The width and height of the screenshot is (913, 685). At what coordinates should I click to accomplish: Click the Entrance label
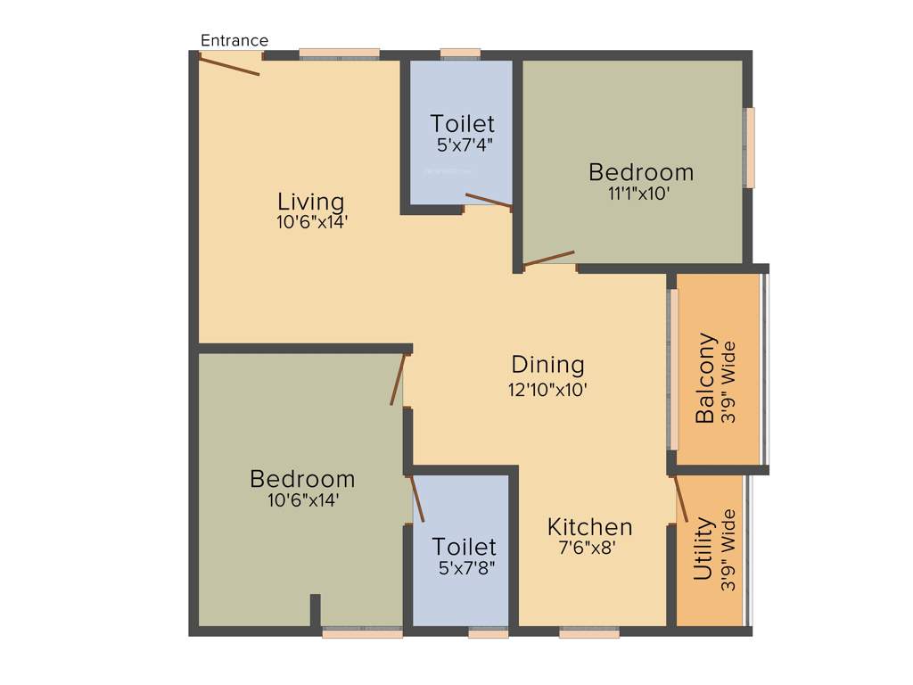click(234, 41)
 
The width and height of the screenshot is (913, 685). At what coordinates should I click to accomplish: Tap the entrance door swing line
click(229, 64)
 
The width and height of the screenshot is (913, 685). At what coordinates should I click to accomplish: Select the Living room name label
click(310, 202)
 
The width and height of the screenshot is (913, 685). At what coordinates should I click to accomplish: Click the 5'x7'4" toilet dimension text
click(461, 144)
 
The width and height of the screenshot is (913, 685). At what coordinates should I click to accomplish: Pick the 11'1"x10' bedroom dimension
click(639, 193)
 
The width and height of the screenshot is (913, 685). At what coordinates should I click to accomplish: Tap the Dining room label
click(547, 365)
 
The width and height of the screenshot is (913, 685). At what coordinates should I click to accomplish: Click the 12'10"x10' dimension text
click(547, 389)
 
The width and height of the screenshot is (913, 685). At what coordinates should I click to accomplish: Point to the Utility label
click(703, 549)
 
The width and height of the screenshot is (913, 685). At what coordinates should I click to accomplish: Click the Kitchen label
click(589, 526)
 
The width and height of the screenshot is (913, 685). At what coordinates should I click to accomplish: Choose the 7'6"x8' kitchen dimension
click(588, 548)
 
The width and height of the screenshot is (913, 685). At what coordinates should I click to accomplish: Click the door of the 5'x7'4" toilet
click(489, 201)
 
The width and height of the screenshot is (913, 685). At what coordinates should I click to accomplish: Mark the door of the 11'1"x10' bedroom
click(549, 259)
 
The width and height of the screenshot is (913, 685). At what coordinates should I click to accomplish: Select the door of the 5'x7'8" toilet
click(416, 499)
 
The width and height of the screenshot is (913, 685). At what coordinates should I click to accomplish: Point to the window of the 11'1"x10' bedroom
click(750, 148)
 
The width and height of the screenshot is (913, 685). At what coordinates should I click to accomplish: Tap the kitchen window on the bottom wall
click(589, 632)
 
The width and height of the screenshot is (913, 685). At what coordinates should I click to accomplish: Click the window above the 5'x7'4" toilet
click(460, 54)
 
